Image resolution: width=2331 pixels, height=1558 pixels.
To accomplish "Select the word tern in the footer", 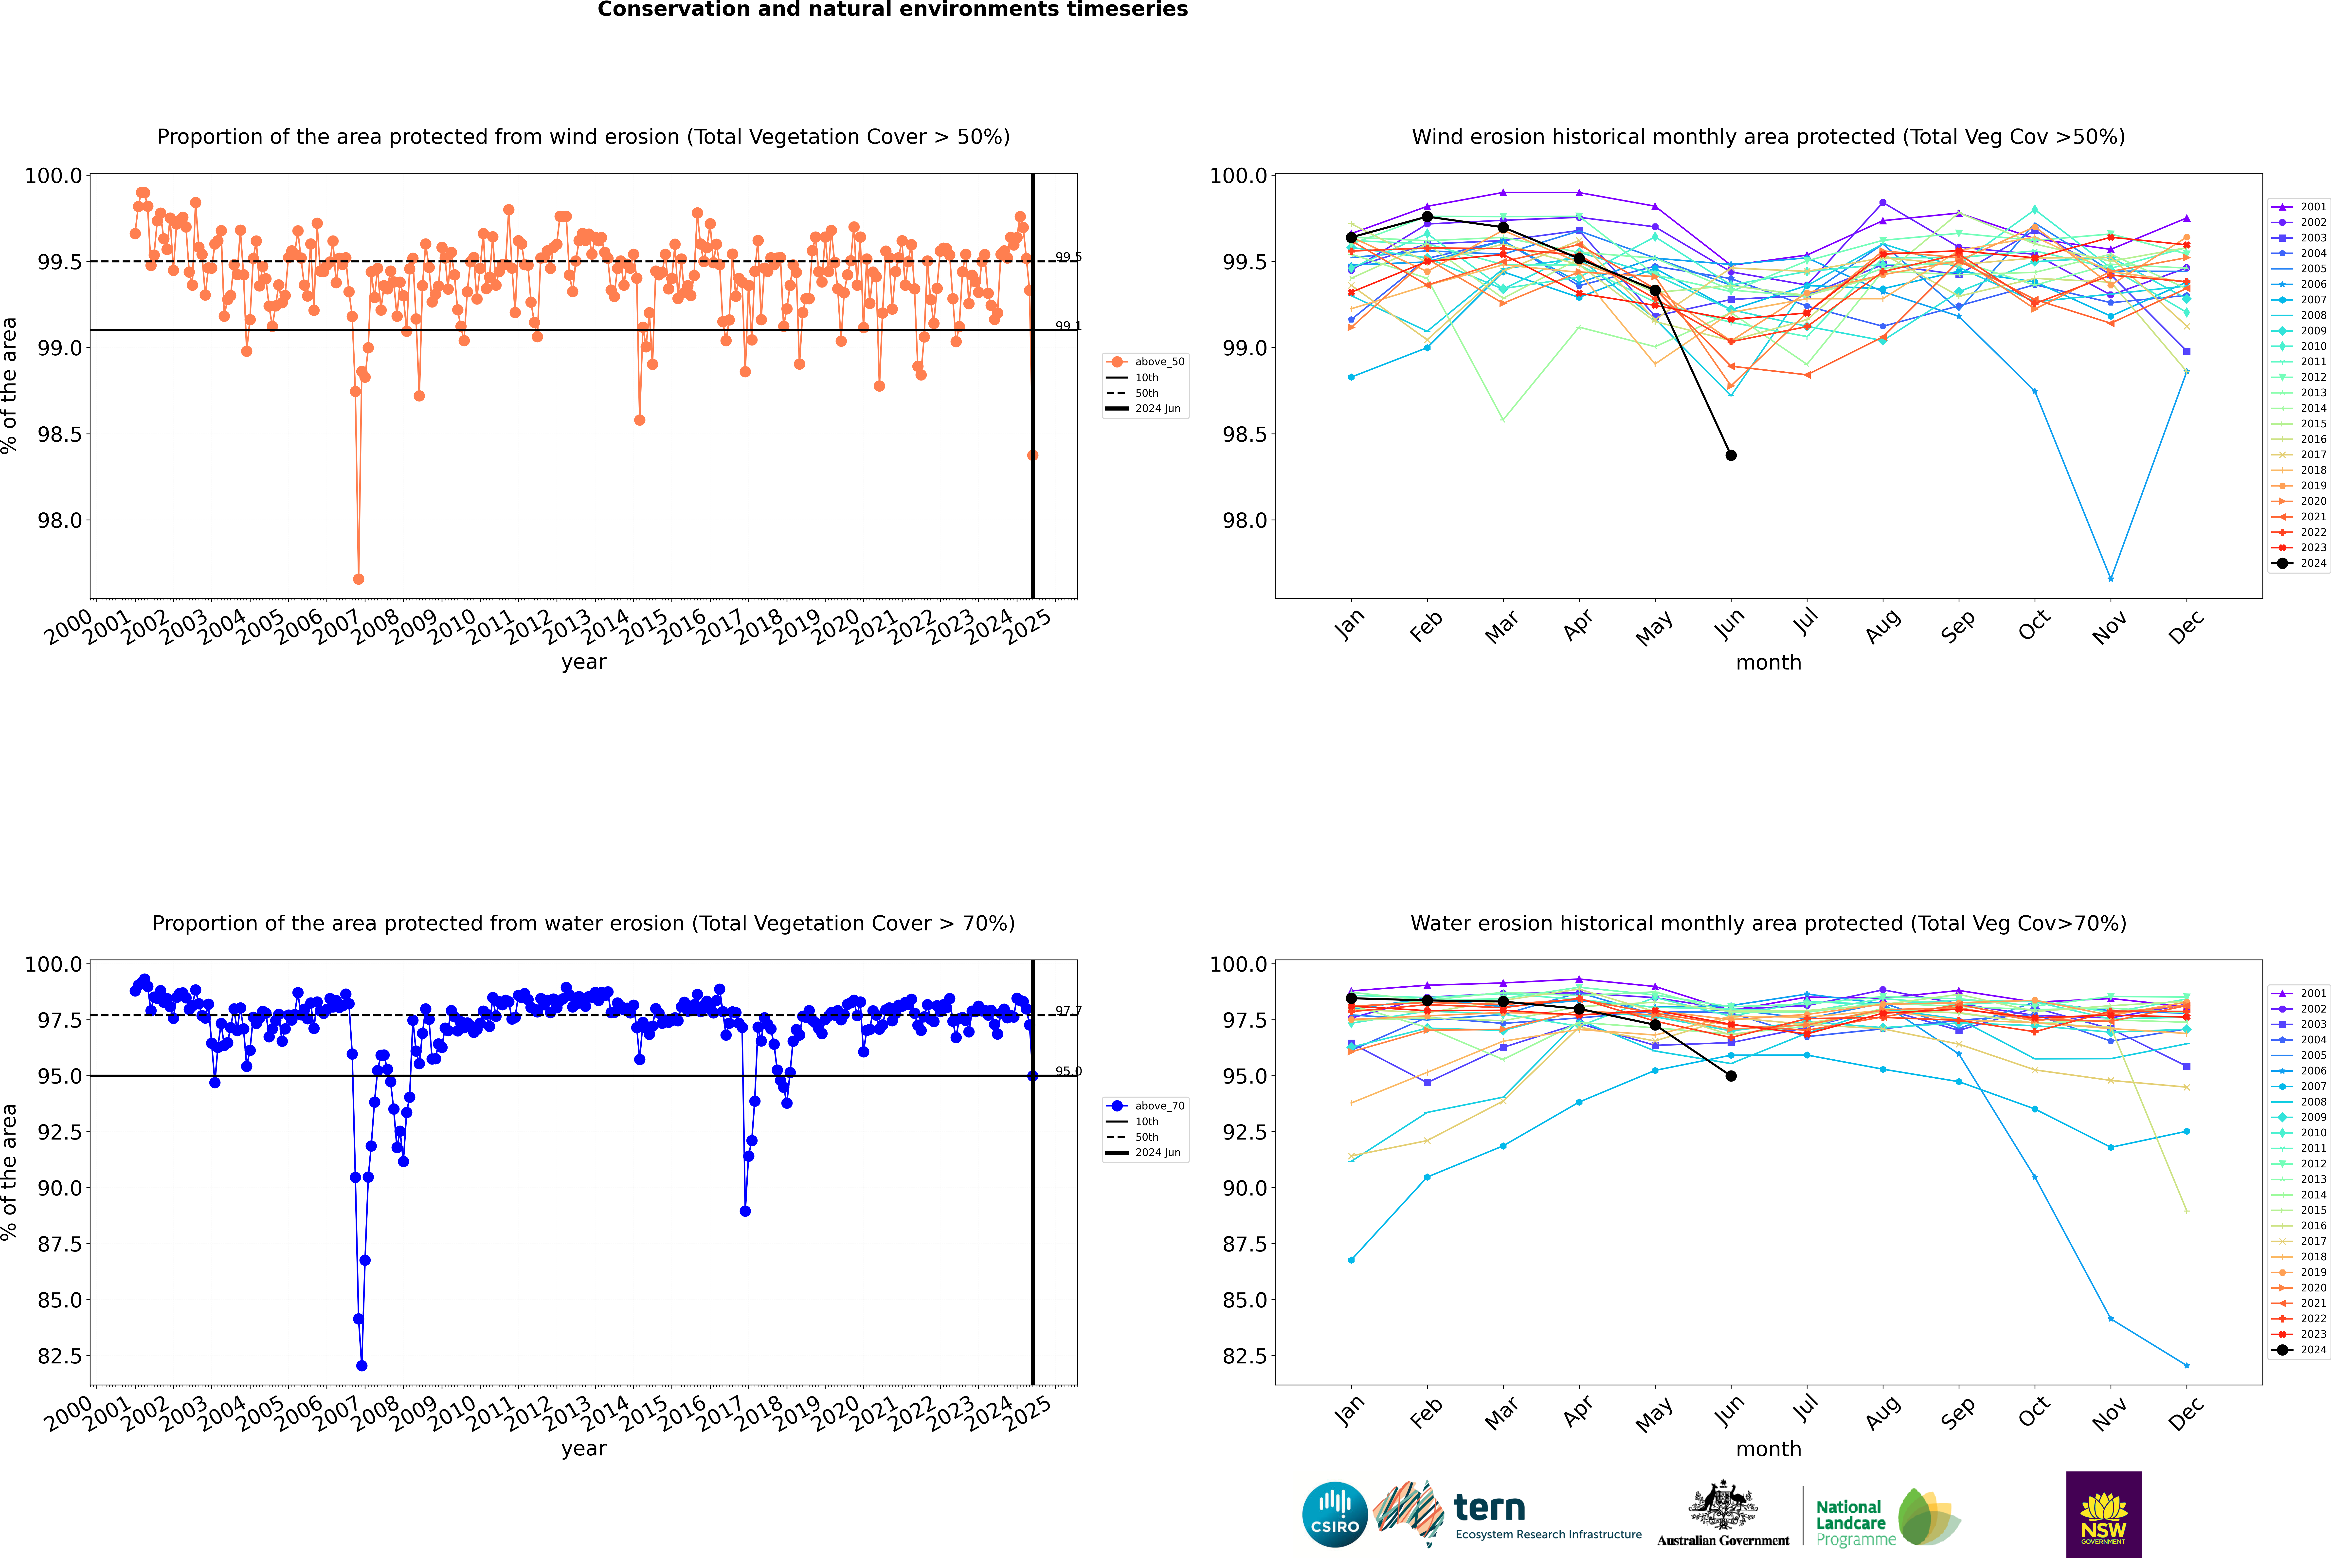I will pyautogui.click(x=1488, y=1507).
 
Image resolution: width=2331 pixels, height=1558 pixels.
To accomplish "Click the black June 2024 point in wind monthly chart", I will pyautogui.click(x=1731, y=455).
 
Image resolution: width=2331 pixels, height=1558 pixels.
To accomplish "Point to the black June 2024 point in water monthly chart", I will pyautogui.click(x=1731, y=1076).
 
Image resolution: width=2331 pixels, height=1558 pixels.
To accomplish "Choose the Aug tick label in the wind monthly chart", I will pyautogui.click(x=1883, y=626).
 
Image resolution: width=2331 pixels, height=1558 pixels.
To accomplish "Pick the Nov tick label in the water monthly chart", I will pyautogui.click(x=2109, y=1413).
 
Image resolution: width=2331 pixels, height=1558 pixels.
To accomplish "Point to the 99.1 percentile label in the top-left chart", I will pyautogui.click(x=1068, y=326).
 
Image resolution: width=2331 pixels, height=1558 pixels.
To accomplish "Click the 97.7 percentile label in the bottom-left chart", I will pyautogui.click(x=1068, y=1012).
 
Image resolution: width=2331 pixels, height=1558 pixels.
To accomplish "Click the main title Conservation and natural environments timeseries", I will pyautogui.click(x=892, y=10).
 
